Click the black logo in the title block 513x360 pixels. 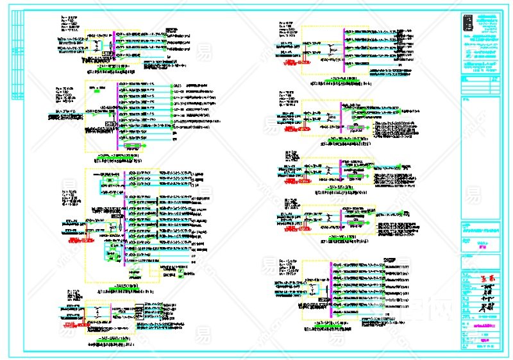(x=469, y=24)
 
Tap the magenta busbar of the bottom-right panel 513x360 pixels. (x=331, y=288)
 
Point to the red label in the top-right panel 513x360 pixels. (x=287, y=64)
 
